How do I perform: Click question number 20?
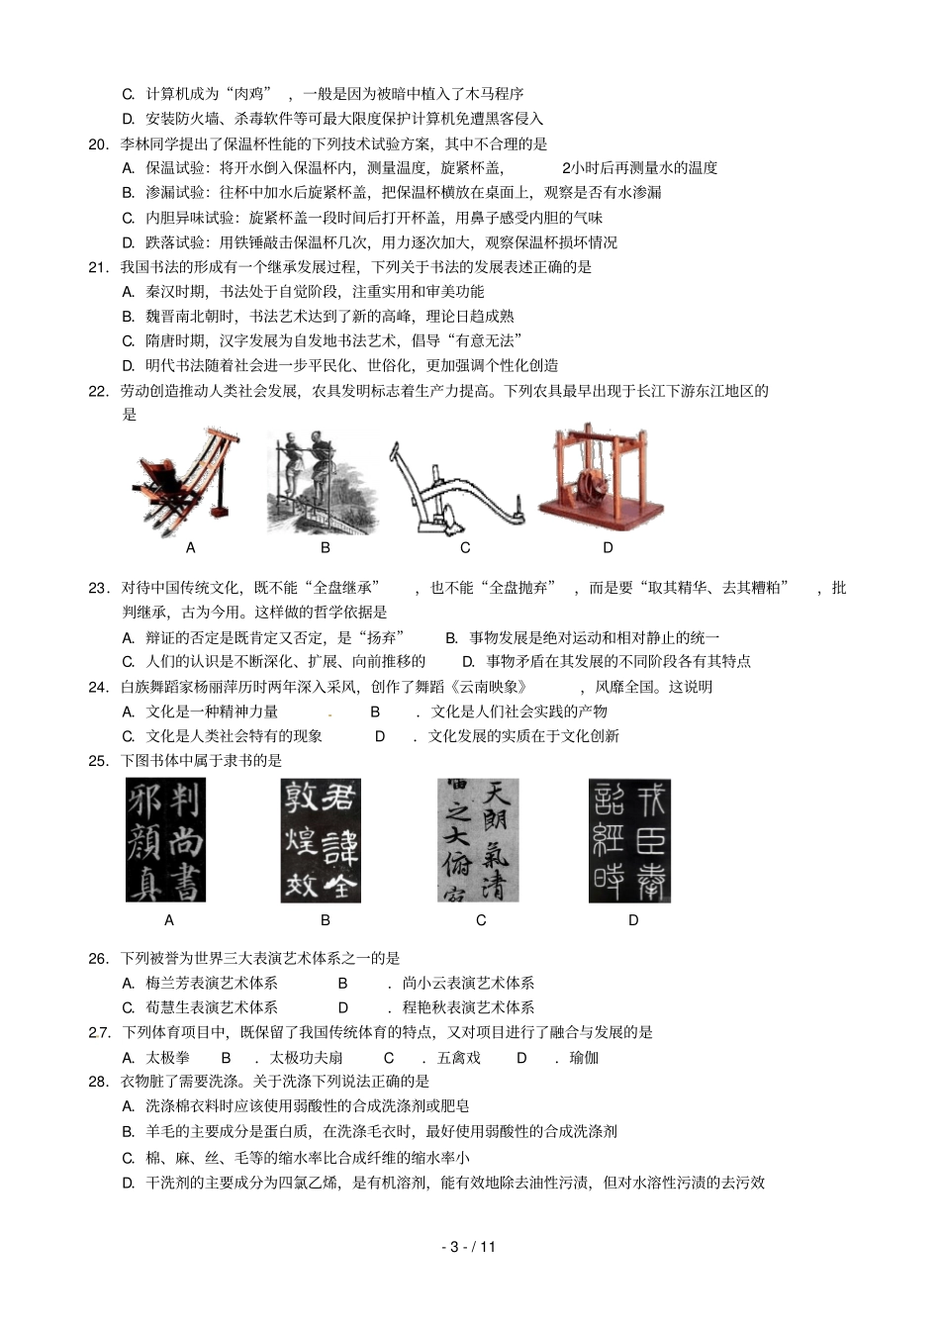click(98, 144)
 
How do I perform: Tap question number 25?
click(98, 761)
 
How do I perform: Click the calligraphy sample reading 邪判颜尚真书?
click(165, 840)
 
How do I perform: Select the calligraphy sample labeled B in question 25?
click(320, 840)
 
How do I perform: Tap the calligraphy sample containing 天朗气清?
click(478, 840)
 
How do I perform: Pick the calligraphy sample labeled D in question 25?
click(629, 840)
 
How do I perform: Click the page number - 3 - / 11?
click(469, 1247)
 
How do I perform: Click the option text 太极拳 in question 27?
click(167, 1058)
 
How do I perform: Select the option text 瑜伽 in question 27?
click(584, 1058)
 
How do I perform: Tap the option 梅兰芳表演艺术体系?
click(212, 984)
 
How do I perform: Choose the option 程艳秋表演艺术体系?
click(468, 1008)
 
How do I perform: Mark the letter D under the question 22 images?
click(608, 548)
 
